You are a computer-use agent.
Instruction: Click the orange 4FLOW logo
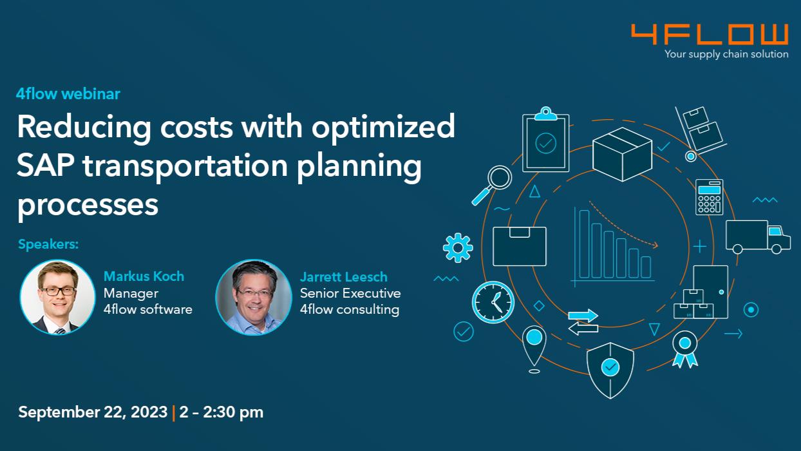coord(710,34)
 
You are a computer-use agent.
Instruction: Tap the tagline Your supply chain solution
coord(726,54)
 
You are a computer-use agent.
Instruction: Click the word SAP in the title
coord(46,166)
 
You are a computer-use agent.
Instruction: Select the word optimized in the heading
coord(383,128)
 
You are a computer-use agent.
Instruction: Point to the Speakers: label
coord(48,244)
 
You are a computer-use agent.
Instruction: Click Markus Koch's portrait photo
coord(57,297)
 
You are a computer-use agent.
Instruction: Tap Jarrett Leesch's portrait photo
coord(254,297)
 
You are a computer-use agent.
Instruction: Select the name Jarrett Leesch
coord(344,276)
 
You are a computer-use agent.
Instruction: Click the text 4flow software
coord(147,309)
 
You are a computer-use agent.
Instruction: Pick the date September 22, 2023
coord(93,412)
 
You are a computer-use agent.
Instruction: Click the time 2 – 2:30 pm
coord(221,412)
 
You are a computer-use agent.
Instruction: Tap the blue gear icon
coord(458,247)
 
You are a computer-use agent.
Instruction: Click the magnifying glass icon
coord(492,186)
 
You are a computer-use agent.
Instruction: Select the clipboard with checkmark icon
coord(545,139)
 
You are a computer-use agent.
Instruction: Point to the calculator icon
coord(709,197)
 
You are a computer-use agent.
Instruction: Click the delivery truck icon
coord(758,237)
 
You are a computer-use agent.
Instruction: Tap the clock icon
coord(493,302)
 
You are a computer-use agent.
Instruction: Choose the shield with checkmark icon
coord(610,370)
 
